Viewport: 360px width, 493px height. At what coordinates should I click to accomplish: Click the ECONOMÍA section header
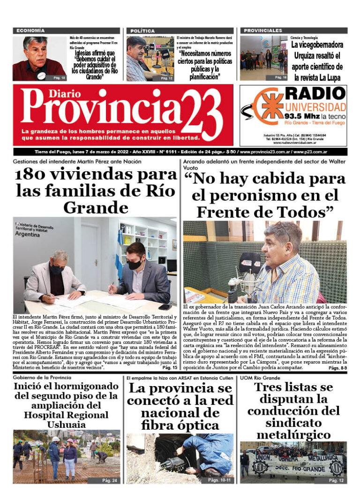click(30, 30)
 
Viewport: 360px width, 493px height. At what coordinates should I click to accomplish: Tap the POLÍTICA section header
click(142, 30)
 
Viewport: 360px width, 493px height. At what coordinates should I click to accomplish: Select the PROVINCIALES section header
click(262, 30)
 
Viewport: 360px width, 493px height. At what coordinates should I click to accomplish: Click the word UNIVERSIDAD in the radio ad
click(315, 107)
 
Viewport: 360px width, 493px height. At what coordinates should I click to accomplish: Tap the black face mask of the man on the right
click(135, 264)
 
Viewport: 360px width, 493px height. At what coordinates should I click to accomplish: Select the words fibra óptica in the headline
click(180, 425)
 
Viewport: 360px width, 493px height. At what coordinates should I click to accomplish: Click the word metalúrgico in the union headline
click(293, 435)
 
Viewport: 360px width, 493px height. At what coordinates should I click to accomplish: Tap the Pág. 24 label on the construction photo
click(109, 480)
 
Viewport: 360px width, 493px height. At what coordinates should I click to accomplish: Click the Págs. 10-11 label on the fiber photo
click(219, 480)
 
